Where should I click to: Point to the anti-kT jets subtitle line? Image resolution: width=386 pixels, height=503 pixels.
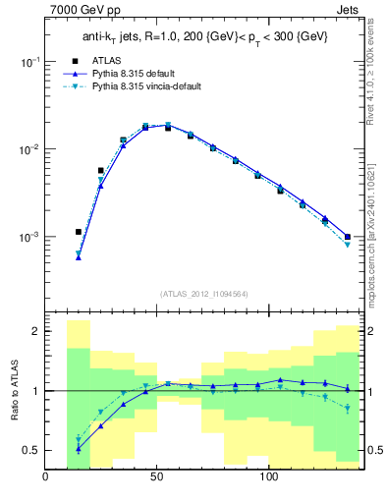(204, 36)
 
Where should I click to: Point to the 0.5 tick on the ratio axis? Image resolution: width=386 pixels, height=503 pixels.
(31, 451)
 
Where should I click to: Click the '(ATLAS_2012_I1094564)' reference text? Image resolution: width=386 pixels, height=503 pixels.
(203, 293)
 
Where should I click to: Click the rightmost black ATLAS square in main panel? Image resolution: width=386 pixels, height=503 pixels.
(348, 237)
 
